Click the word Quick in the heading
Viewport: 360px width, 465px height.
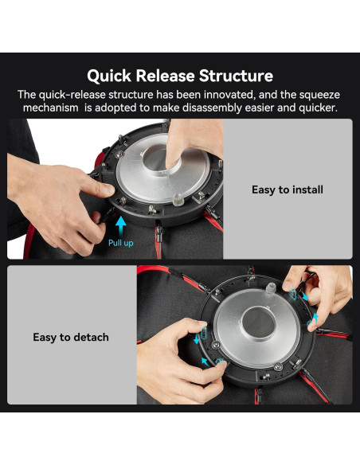point(109,76)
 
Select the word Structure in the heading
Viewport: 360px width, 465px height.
point(236,76)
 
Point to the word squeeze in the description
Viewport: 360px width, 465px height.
point(319,95)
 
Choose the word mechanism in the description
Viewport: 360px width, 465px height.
point(50,107)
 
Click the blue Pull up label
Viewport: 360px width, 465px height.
point(121,243)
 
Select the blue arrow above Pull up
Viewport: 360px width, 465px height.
point(121,226)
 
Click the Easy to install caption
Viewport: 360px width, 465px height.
point(288,190)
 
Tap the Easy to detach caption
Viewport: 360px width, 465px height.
point(71,338)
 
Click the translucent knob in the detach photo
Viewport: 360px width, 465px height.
point(270,288)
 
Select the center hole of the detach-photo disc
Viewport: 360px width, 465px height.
point(259,322)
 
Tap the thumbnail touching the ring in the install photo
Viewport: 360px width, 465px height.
point(108,189)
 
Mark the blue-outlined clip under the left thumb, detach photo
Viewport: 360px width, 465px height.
point(204,333)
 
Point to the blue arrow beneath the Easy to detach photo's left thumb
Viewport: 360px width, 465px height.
point(196,339)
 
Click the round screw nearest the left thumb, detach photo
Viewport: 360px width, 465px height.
point(216,344)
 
